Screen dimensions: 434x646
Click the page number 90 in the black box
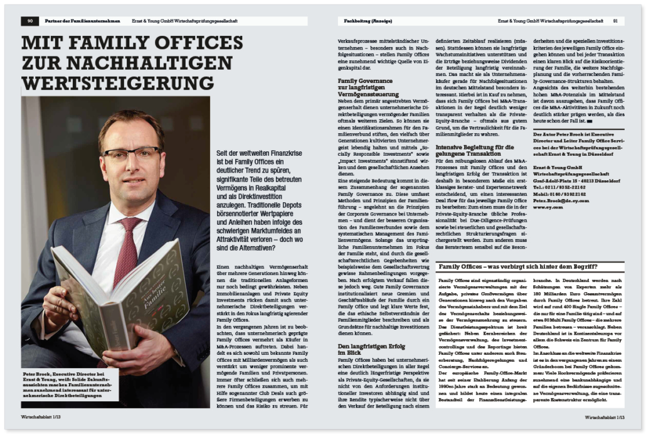click(29, 21)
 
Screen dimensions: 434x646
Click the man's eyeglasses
click(130, 154)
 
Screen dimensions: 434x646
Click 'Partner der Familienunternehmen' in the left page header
click(82, 21)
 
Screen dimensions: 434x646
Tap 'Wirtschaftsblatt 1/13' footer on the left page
click(46, 416)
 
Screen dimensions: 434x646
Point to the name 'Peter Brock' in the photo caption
click(38, 372)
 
